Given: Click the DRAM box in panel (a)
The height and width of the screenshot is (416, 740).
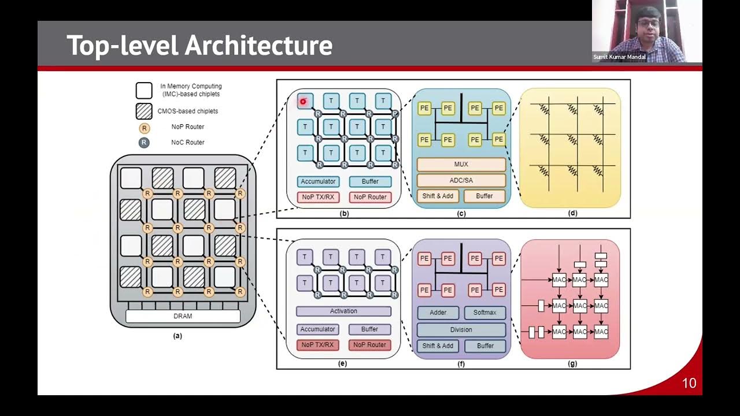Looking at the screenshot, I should coord(183,316).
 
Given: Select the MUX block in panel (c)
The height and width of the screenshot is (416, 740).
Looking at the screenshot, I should coord(461,165).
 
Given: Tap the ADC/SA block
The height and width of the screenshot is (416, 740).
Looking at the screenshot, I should coord(461,180).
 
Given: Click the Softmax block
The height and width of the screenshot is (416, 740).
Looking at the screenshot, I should coord(484,313).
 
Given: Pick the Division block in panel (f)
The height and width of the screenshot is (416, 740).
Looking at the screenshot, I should coord(461,329).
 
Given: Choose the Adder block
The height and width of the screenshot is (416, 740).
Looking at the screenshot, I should coord(438,313).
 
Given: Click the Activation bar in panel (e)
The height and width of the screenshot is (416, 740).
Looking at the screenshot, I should coord(343,311).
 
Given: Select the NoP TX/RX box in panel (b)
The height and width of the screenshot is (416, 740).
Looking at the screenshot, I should coord(317,197).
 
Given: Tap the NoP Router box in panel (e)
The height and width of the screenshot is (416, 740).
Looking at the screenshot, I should coord(369,345).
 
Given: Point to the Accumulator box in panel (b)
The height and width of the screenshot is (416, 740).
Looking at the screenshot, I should coord(317,181).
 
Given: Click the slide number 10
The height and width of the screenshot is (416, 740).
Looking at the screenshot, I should coord(689,383).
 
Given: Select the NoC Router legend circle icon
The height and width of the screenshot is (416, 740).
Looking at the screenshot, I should coord(144,142).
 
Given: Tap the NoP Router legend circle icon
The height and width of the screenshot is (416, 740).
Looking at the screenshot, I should coord(144,127).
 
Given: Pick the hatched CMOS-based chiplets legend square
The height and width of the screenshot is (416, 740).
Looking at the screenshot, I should coord(144,111).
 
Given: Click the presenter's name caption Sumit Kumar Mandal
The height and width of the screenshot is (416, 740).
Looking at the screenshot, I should coord(620,57).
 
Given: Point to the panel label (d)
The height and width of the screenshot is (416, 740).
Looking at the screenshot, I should coord(572,213).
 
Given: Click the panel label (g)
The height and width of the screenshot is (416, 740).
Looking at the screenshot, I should coord(572,364).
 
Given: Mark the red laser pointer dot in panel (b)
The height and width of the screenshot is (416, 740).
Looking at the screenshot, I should coord(302,102).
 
